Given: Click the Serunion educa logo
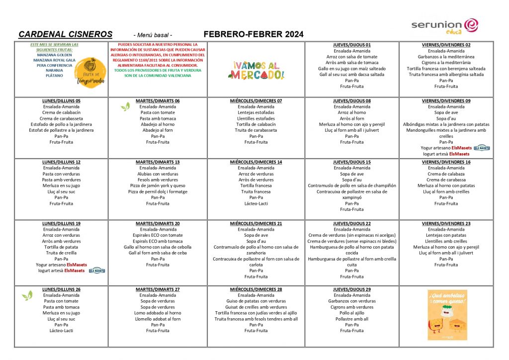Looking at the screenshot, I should tap(444, 26).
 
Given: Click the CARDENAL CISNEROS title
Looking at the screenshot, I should tap(65, 34).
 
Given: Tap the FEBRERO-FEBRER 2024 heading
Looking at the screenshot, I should tap(254, 34).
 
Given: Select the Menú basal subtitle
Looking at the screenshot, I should tap(153, 35).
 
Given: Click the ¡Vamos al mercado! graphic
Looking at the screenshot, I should tap(256, 70).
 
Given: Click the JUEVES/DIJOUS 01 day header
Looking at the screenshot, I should tap(352, 45).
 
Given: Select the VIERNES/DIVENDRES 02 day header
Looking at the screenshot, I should tap(446, 45).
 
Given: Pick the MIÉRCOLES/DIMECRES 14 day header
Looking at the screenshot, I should tap(256, 162).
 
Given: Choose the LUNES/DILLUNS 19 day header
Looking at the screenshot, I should tap(61, 224).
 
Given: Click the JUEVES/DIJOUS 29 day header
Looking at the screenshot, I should tap(352, 289).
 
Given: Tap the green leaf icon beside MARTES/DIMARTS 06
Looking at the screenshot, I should tap(125, 107).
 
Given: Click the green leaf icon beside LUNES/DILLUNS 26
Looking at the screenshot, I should tap(27, 296).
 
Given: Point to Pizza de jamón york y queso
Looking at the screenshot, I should tap(158, 185).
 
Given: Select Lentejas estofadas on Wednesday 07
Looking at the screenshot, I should tap(256, 112).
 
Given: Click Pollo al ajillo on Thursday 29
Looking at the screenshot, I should tap(352, 313).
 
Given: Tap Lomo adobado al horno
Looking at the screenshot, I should tap(158, 313).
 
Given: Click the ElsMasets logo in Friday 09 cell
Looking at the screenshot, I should tap(482, 148).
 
